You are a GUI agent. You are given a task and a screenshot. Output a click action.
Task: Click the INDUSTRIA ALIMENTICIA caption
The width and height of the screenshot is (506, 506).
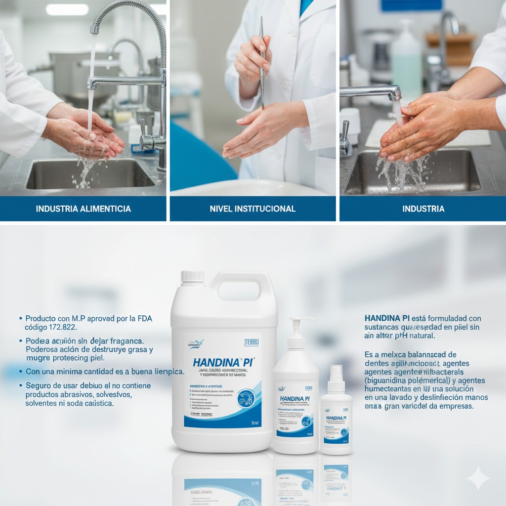pyautogui.click(x=83, y=209)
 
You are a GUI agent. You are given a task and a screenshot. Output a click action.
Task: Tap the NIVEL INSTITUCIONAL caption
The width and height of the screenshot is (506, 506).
pyautogui.click(x=253, y=209)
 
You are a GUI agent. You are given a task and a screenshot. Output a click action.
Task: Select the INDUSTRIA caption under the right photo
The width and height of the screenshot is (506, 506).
pyautogui.click(x=423, y=209)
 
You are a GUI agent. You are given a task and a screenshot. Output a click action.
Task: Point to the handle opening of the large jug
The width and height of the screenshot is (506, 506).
pyautogui.click(x=238, y=291)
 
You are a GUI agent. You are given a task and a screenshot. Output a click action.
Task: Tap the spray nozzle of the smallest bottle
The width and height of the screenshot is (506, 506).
pyautogui.click(x=336, y=371)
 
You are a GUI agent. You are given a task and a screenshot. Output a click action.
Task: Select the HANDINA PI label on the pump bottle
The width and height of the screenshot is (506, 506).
pyautogui.click(x=295, y=398)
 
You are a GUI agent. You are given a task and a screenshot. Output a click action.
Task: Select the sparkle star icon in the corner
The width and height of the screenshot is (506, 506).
pyautogui.click(x=478, y=478)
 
